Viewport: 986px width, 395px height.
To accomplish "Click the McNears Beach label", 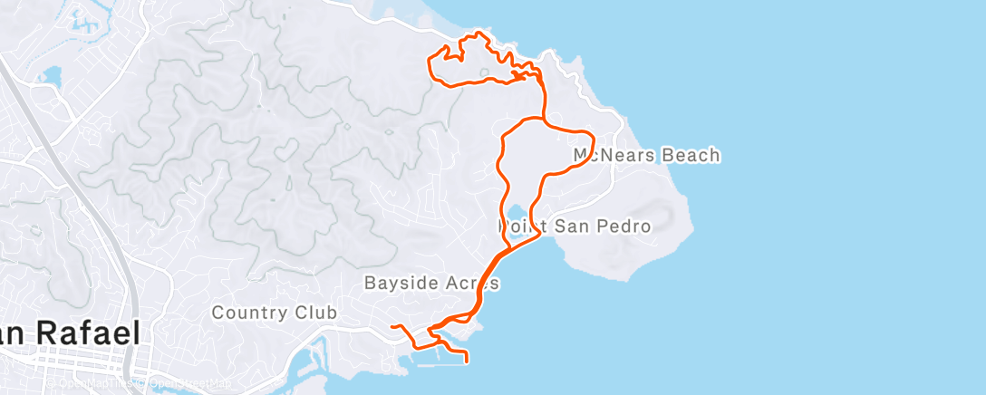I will pos(647,155).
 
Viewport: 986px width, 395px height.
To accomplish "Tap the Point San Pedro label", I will pos(575,226).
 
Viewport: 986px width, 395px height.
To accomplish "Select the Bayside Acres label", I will pos(431,283).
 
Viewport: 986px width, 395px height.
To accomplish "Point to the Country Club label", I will pos(275,313).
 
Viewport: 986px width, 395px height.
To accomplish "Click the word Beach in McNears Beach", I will pos(691,155).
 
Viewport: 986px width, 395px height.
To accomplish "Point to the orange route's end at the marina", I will pos(467,361).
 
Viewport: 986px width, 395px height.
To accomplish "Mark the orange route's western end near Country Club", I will pos(391,325).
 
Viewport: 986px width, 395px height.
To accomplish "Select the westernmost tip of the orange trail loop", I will pos(429,62).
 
